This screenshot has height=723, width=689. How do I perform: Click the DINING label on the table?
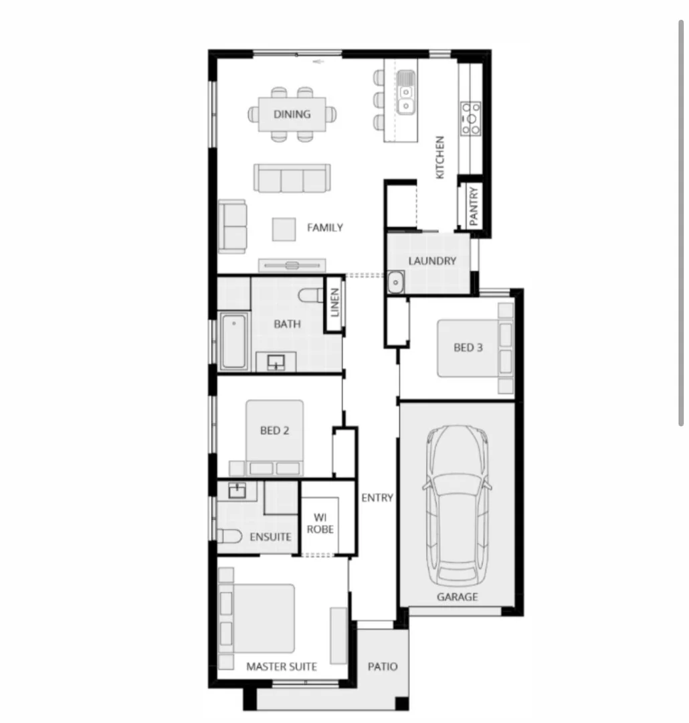coord(292,114)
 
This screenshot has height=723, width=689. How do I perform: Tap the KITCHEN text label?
coord(439,157)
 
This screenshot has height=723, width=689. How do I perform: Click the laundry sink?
coord(395,283)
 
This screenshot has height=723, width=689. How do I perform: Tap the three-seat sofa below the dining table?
coord(291,179)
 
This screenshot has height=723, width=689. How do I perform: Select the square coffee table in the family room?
coord(284,229)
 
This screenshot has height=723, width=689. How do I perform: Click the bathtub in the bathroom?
coord(233,341)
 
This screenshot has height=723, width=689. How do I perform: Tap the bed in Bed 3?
coord(468,348)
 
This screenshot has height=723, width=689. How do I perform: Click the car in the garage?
coord(458,505)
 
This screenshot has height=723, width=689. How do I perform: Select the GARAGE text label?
coord(458,596)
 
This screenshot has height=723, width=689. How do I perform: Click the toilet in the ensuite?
coord(229,536)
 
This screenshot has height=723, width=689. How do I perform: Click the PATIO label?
coord(383,667)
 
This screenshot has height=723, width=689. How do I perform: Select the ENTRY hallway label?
coord(377,498)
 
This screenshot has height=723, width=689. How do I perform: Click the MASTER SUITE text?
coord(282,667)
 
